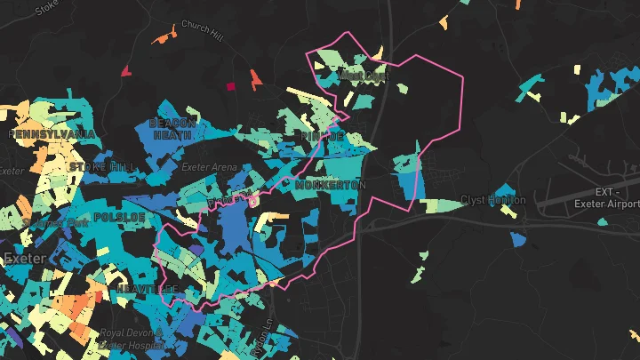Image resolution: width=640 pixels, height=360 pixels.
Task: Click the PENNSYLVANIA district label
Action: coord(52,134)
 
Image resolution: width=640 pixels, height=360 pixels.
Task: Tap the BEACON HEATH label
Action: coord(171,129)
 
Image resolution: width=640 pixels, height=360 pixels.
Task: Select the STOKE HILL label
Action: coord(104,166)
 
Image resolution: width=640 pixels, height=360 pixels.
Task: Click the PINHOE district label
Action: coord(321,137)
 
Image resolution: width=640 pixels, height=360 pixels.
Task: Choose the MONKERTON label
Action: coord(331,185)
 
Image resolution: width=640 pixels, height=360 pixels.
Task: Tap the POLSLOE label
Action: coord(113,216)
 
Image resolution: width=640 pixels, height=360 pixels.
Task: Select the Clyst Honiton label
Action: coord(492,200)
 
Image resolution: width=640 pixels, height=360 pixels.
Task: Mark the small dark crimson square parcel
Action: coord(232,87)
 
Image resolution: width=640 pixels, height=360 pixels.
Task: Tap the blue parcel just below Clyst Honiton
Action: coord(518,238)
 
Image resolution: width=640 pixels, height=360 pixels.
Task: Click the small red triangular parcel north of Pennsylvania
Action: coord(125,70)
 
